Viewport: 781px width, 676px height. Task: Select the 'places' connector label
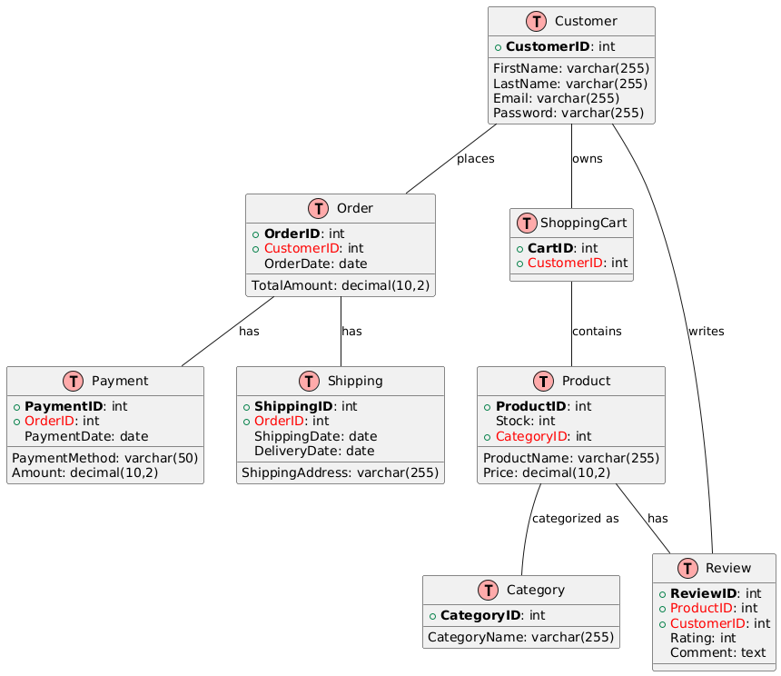pyautogui.click(x=475, y=159)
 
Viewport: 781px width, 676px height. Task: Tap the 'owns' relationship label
pyautogui.click(x=588, y=159)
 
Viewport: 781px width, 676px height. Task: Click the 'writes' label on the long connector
pyautogui.click(x=706, y=332)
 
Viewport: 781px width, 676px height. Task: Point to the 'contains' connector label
pyautogui.click(x=597, y=332)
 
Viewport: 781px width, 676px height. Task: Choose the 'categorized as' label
pyautogui.click(x=575, y=519)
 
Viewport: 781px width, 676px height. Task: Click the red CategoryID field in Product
pyautogui.click(x=536, y=436)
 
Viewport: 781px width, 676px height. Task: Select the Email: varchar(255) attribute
pyautogui.click(x=556, y=98)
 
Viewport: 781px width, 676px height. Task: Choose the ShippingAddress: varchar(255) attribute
pyautogui.click(x=341, y=472)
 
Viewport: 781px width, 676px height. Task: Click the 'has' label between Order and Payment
pyautogui.click(x=249, y=332)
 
